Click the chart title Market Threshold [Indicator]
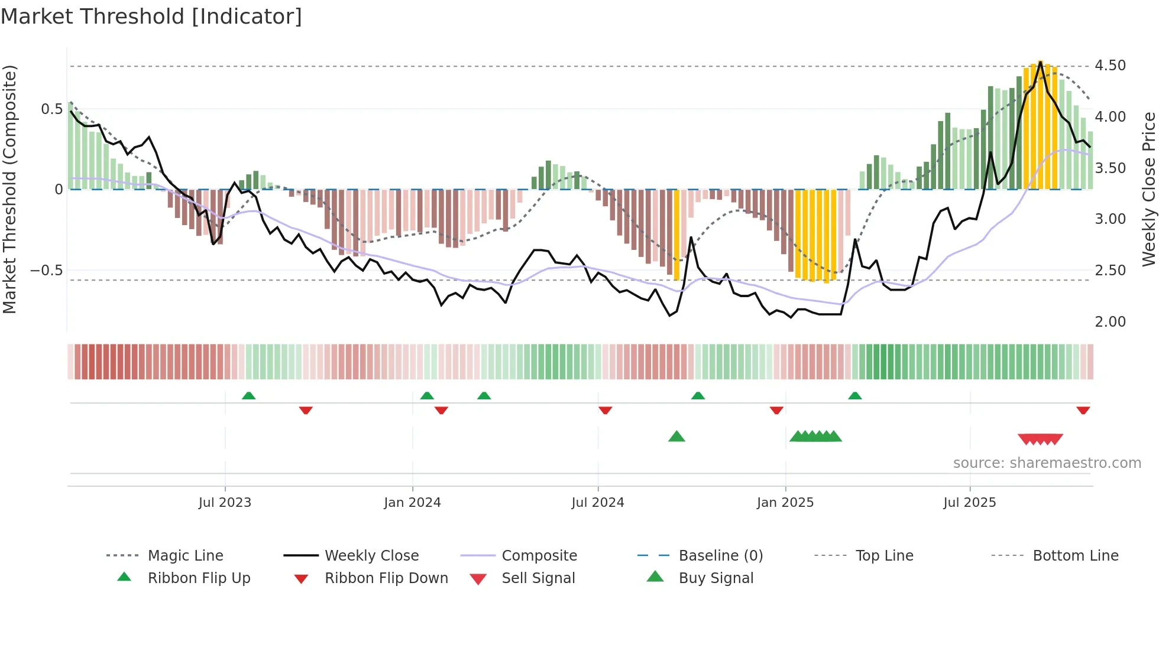(151, 17)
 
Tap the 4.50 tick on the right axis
(1110, 66)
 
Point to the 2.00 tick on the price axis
(1110, 322)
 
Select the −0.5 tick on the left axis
(47, 271)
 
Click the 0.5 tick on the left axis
(51, 109)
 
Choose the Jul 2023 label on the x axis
(225, 503)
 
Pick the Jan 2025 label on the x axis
(785, 503)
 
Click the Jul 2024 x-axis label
(597, 503)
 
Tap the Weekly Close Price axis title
(1148, 189)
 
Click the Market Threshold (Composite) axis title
(9, 189)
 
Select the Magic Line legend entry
(185, 556)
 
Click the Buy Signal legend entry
(716, 578)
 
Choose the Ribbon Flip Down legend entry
(386, 578)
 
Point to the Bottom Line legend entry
(1075, 556)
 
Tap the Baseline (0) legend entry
(720, 556)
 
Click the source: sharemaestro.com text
(1047, 463)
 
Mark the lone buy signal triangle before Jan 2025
(676, 437)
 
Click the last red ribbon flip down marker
(1083, 410)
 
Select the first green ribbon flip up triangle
(248, 396)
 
